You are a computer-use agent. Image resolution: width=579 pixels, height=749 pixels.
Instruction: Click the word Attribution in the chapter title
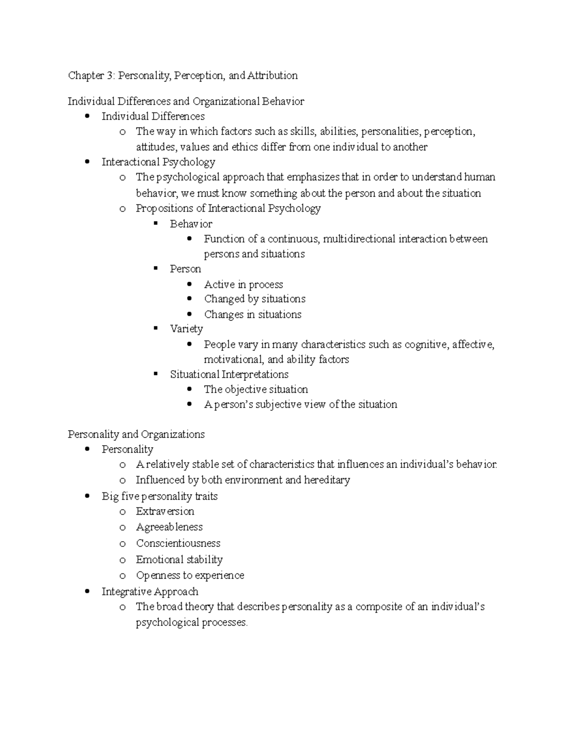273,76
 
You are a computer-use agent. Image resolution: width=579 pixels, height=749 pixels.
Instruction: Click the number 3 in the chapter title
110,76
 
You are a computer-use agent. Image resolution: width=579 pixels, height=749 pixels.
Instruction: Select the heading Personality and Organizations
136,435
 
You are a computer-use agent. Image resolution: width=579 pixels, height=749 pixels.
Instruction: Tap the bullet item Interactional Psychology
158,162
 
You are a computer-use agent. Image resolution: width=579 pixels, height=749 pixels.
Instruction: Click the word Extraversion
165,512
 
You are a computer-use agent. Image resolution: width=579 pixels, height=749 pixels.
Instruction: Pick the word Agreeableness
169,527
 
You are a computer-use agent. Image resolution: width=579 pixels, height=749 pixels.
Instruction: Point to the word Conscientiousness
178,544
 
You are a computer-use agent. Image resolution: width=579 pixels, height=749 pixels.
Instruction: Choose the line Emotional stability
179,560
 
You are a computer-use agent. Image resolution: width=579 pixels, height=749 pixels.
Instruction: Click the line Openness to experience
190,575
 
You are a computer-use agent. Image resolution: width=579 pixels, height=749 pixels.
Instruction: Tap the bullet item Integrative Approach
150,592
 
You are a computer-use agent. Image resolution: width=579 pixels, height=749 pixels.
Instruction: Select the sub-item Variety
186,329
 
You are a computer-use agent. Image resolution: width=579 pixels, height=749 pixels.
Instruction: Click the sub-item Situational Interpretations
229,375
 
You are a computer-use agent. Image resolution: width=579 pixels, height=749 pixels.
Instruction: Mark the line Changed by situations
254,299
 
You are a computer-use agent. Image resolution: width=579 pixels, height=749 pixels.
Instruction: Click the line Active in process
243,285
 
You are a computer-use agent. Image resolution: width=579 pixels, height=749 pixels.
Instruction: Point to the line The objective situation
256,390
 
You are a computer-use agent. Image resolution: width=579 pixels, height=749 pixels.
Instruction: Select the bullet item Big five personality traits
159,497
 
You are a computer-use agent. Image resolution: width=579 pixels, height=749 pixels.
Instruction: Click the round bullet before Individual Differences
87,116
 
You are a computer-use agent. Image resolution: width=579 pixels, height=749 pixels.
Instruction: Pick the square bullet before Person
155,268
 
